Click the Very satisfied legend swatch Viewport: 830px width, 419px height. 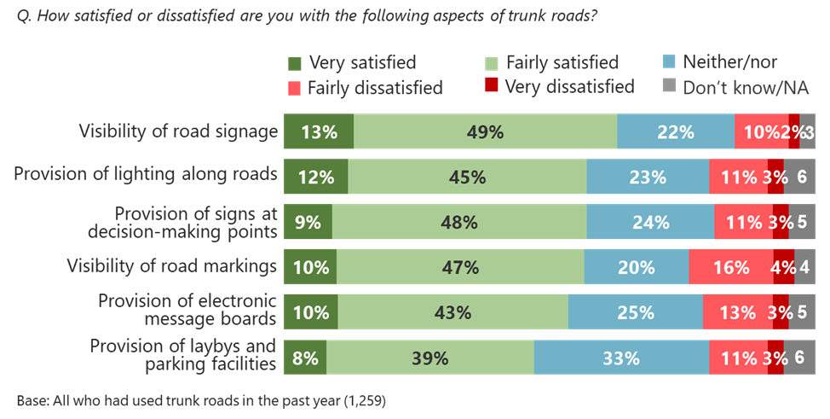pyautogui.click(x=295, y=63)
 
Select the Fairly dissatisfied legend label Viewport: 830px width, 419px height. pyautogui.click(x=374, y=87)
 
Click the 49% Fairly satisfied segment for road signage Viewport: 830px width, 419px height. pyautogui.click(x=485, y=131)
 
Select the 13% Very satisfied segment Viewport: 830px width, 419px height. pyautogui.click(x=318, y=131)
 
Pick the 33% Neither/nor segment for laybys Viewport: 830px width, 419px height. pyautogui.click(x=621, y=358)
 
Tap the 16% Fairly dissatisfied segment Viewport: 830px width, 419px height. pyautogui.click(x=730, y=267)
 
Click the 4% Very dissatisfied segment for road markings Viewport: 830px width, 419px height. pyautogui.click(x=783, y=267)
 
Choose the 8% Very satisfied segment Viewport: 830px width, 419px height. pyautogui.click(x=304, y=358)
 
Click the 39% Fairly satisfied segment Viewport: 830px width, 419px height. pyautogui.click(x=429, y=358)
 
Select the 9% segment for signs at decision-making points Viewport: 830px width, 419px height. pyautogui.click(x=308, y=222)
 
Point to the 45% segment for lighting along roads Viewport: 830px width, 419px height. pyautogui.click(x=467, y=177)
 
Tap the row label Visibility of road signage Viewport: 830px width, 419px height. pyautogui.click(x=178, y=131)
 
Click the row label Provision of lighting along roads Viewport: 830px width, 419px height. pyautogui.click(x=146, y=174)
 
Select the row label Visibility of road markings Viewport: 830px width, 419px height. pyautogui.click(x=172, y=266)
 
